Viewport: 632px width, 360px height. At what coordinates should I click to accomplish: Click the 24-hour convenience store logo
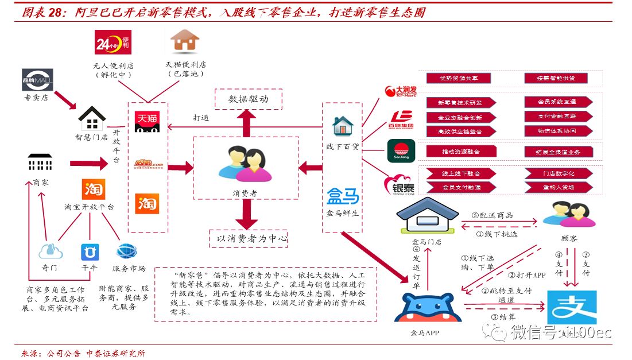tap(113, 42)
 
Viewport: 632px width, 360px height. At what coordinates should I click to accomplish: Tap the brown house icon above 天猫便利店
tap(185, 41)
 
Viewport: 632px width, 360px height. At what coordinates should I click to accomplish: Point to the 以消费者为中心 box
tap(248, 238)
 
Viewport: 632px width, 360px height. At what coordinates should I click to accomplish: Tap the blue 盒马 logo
tap(343, 197)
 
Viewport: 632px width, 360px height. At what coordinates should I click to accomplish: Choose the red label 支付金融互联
tap(556, 117)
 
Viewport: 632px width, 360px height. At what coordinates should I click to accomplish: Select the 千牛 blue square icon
tap(90, 252)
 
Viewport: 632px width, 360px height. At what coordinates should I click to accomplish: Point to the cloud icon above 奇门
tap(51, 251)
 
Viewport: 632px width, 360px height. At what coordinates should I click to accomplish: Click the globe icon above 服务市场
tap(127, 251)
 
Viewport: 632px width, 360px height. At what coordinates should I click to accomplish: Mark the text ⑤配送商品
tap(492, 215)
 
